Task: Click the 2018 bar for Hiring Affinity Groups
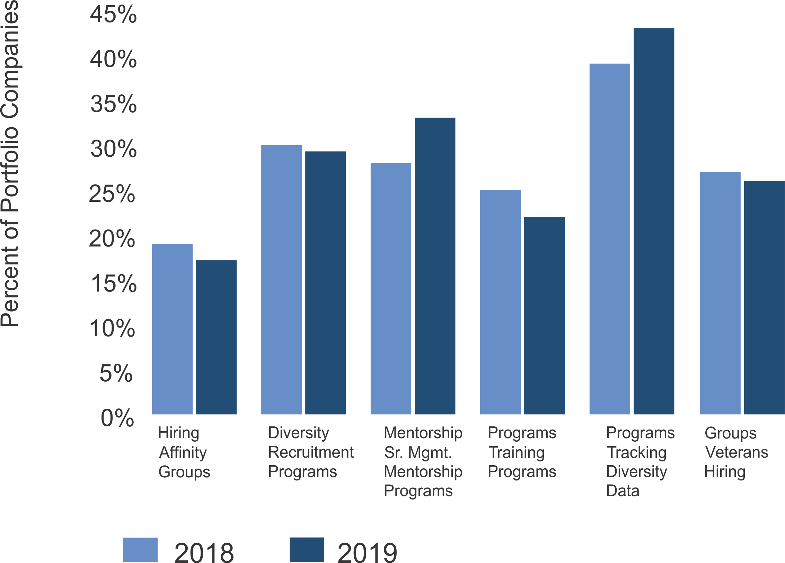pos(172,329)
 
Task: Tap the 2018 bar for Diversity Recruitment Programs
pos(281,279)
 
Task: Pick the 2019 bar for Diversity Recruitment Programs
pos(325,283)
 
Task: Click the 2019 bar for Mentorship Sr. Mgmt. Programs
pos(435,266)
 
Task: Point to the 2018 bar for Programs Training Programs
pos(500,302)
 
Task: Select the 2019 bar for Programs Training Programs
pos(544,315)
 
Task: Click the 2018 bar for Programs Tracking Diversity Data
pos(610,239)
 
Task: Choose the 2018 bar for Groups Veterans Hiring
pos(720,293)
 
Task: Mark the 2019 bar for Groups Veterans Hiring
pos(764,297)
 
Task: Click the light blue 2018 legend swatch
pos(140,550)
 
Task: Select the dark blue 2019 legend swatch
pos(307,550)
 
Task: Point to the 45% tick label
pos(113,15)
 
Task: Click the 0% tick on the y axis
pos(117,418)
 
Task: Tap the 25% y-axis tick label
pos(112,194)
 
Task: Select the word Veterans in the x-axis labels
pos(737,452)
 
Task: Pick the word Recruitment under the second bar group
pos(311,452)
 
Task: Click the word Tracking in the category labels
pos(637,452)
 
